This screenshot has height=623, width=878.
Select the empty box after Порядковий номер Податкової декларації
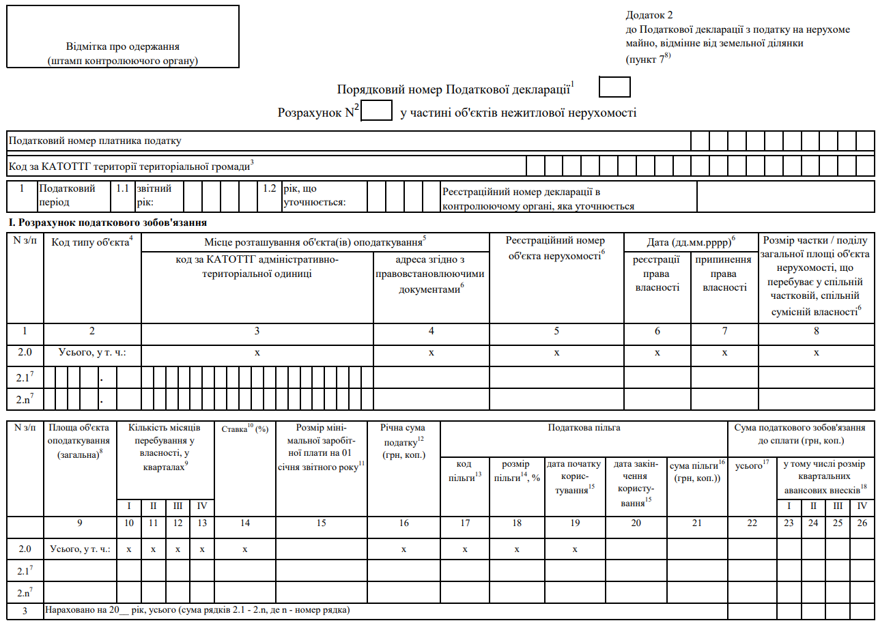[614, 87]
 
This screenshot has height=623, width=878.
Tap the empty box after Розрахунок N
[376, 111]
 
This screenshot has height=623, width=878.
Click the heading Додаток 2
[649, 15]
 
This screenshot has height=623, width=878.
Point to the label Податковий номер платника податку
[95, 141]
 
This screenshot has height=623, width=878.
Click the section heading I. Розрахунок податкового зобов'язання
[107, 223]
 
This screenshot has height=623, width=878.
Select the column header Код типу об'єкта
[92, 244]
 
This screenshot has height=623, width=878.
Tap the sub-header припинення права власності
[724, 274]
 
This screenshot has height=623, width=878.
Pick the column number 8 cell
[817, 331]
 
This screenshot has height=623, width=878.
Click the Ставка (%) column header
[244, 429]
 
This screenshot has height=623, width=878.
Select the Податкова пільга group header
[584, 428]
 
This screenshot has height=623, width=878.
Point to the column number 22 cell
[752, 523]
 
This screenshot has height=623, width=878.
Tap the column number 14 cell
[244, 523]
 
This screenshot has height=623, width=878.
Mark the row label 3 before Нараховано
[25, 610]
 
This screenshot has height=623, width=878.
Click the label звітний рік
[154, 195]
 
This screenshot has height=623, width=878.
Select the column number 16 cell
[403, 523]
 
